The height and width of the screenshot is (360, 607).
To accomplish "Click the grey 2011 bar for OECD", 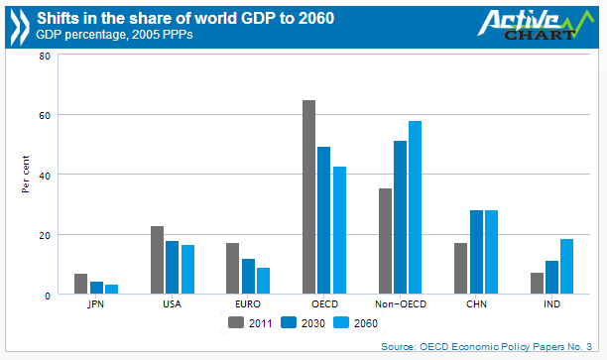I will click(309, 197).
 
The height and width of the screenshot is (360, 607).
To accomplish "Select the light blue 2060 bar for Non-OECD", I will click(416, 208).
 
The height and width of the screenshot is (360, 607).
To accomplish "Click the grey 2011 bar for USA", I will click(157, 260).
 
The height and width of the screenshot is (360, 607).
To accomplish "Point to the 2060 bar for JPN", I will click(111, 290).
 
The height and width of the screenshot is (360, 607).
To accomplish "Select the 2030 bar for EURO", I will click(248, 277).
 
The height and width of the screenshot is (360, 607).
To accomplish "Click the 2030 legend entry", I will click(303, 322).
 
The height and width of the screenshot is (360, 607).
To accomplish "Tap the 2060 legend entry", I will click(356, 322).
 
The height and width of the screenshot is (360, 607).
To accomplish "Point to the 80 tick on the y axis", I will click(45, 56).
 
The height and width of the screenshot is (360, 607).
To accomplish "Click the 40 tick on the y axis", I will click(45, 176).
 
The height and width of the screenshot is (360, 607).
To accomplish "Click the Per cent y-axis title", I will click(26, 175).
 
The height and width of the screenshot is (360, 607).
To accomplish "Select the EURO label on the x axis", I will click(248, 305).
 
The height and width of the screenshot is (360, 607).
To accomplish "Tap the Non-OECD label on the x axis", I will click(400, 305).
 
